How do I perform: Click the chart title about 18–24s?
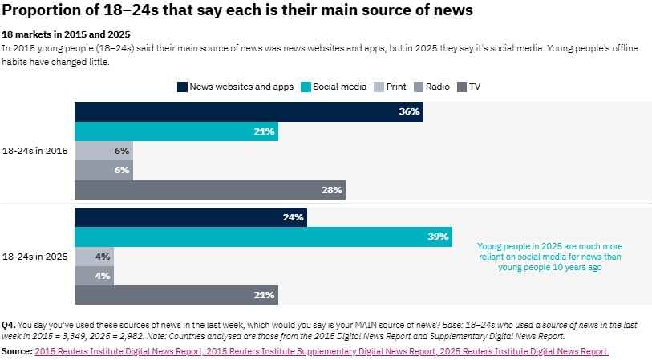237,10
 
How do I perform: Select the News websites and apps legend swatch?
182,87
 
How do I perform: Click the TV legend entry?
468,87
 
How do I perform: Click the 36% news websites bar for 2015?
249,112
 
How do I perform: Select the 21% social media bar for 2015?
176,131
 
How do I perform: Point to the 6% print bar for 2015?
103,151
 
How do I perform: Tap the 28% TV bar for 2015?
210,190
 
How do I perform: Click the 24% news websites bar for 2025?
190,217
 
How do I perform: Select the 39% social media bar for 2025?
263,237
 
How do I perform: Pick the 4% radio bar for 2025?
94,276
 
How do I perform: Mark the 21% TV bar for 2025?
176,295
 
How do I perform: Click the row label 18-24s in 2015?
34,151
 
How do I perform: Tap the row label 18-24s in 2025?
34,257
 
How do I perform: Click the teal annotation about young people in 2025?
549,257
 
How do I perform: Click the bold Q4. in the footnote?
9,325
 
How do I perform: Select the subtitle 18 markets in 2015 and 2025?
66,35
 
